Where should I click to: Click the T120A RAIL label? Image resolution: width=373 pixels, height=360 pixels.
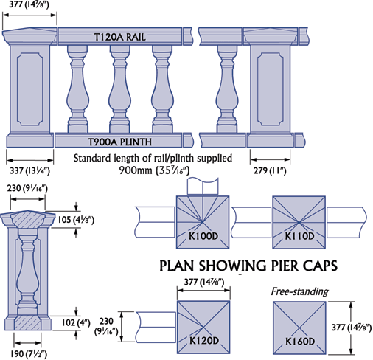120,37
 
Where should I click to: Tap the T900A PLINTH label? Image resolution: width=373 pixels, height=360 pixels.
119,142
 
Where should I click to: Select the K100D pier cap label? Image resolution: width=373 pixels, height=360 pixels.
203,236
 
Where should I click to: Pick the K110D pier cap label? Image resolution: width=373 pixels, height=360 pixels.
299,236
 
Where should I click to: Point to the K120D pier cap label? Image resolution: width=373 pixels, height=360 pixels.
204,341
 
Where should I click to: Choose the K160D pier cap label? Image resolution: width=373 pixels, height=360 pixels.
300,342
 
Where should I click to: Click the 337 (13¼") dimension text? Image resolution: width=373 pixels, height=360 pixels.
29,170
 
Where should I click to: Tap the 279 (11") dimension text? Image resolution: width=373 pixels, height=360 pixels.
270,170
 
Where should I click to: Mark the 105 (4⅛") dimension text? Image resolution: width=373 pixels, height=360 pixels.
76,220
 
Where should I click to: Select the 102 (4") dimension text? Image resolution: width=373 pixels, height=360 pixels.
76,322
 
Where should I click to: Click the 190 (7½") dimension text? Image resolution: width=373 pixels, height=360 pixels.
29,353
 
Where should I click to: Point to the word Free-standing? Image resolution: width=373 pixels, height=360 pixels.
299,291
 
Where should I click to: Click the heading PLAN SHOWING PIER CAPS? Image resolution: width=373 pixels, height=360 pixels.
248,266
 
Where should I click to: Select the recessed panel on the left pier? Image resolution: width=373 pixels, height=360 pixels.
29,89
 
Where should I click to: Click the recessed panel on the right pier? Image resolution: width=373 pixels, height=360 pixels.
270,89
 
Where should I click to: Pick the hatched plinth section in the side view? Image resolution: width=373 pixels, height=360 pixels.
27,322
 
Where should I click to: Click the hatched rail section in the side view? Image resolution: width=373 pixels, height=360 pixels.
27,220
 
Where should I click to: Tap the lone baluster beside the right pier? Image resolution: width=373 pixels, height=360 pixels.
227,89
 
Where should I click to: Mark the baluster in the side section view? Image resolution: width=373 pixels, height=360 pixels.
27,271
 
